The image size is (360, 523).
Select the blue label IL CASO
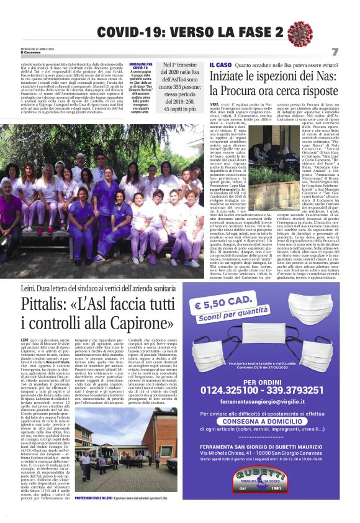(220, 65)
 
